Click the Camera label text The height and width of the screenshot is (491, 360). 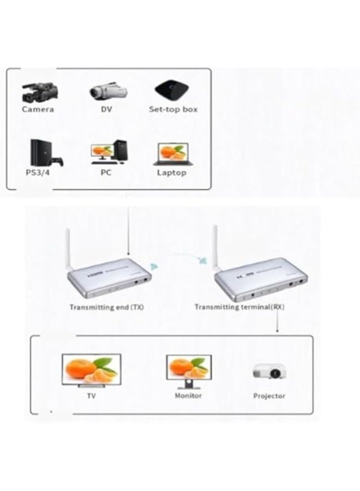38,109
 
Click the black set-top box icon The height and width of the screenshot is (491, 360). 172,89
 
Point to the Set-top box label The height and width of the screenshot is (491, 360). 173,109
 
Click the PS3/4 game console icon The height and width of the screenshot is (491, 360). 46,153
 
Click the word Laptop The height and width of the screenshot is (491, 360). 171,173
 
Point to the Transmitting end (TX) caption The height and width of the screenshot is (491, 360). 106,307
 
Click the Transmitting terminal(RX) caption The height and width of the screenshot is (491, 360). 239,307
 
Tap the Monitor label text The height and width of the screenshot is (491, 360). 188,396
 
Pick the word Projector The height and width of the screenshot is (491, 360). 269,396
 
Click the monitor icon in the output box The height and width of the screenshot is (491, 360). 188,369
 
